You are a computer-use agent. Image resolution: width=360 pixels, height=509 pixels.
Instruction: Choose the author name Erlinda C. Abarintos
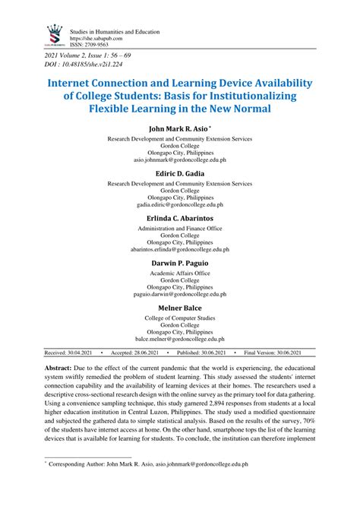click(x=180, y=217)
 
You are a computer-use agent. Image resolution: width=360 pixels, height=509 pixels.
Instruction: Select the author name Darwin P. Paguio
click(x=180, y=262)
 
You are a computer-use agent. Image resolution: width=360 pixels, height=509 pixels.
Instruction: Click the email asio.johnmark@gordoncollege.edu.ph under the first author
click(x=180, y=160)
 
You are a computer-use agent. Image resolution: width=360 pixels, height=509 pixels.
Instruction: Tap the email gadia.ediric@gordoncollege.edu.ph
click(x=180, y=204)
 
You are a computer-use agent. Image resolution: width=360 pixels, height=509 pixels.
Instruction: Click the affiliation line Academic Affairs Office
click(x=180, y=273)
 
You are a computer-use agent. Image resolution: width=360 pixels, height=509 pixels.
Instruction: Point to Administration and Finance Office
click(x=180, y=228)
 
